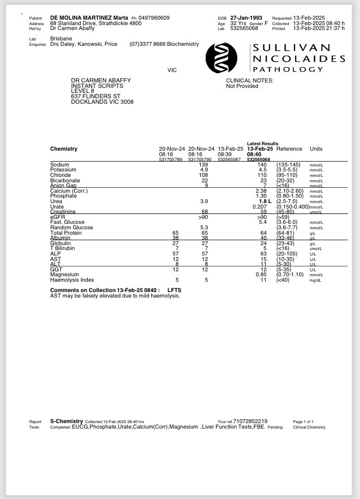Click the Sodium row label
coord(59,164)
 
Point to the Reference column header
coord(289,148)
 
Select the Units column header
coord(316,148)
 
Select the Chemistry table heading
coord(64,148)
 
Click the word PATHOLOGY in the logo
coord(287,69)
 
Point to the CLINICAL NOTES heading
coord(250,80)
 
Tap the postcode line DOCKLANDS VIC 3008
coord(102,102)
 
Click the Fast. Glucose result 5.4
coord(262,222)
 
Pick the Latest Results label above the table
coord(262,144)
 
